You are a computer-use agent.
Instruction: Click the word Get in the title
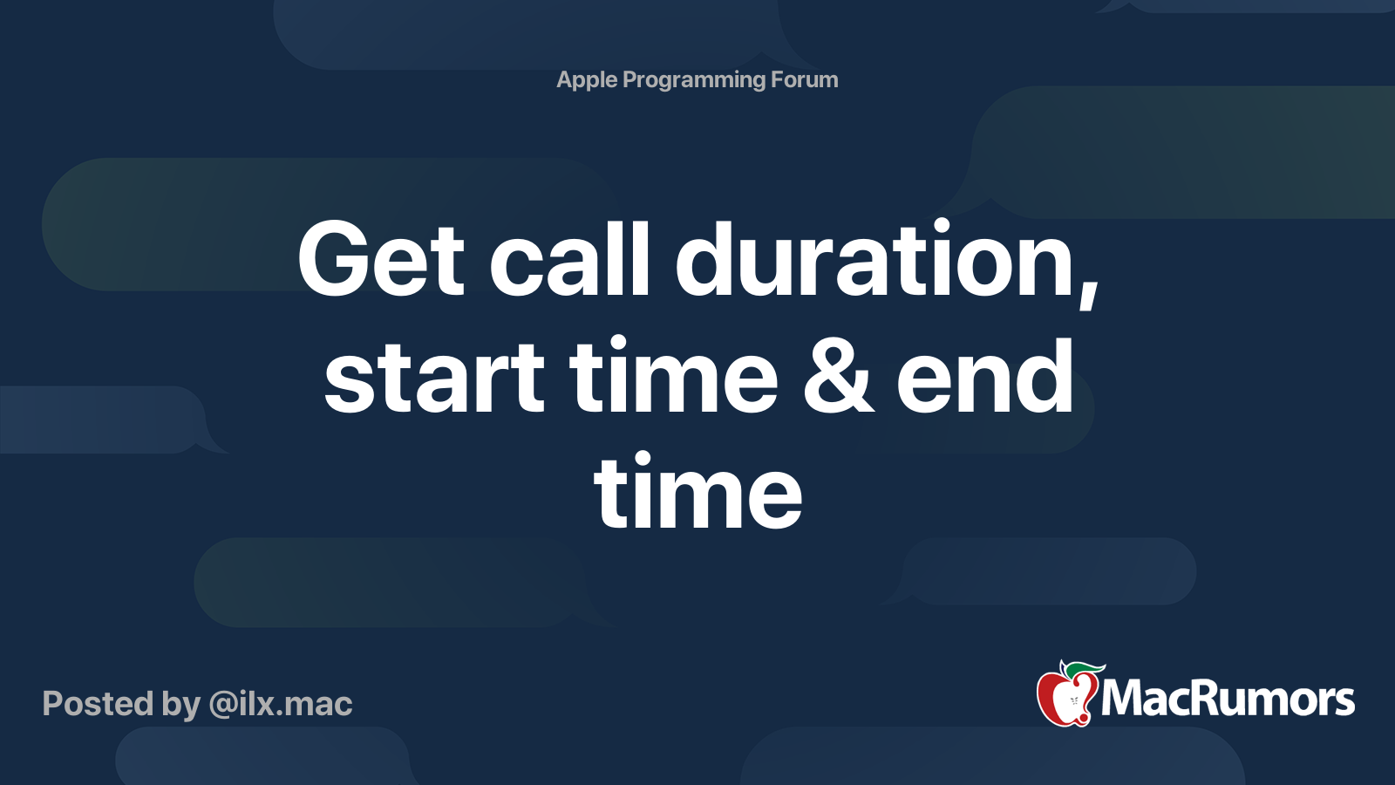381,258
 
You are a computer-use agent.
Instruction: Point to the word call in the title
569,258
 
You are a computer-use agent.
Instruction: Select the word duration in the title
879,258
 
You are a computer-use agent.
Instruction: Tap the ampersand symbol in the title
838,376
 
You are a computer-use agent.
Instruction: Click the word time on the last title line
697,492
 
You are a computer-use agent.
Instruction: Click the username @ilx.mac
281,704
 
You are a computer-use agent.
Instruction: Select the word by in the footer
181,706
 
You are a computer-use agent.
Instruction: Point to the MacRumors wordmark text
1228,699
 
